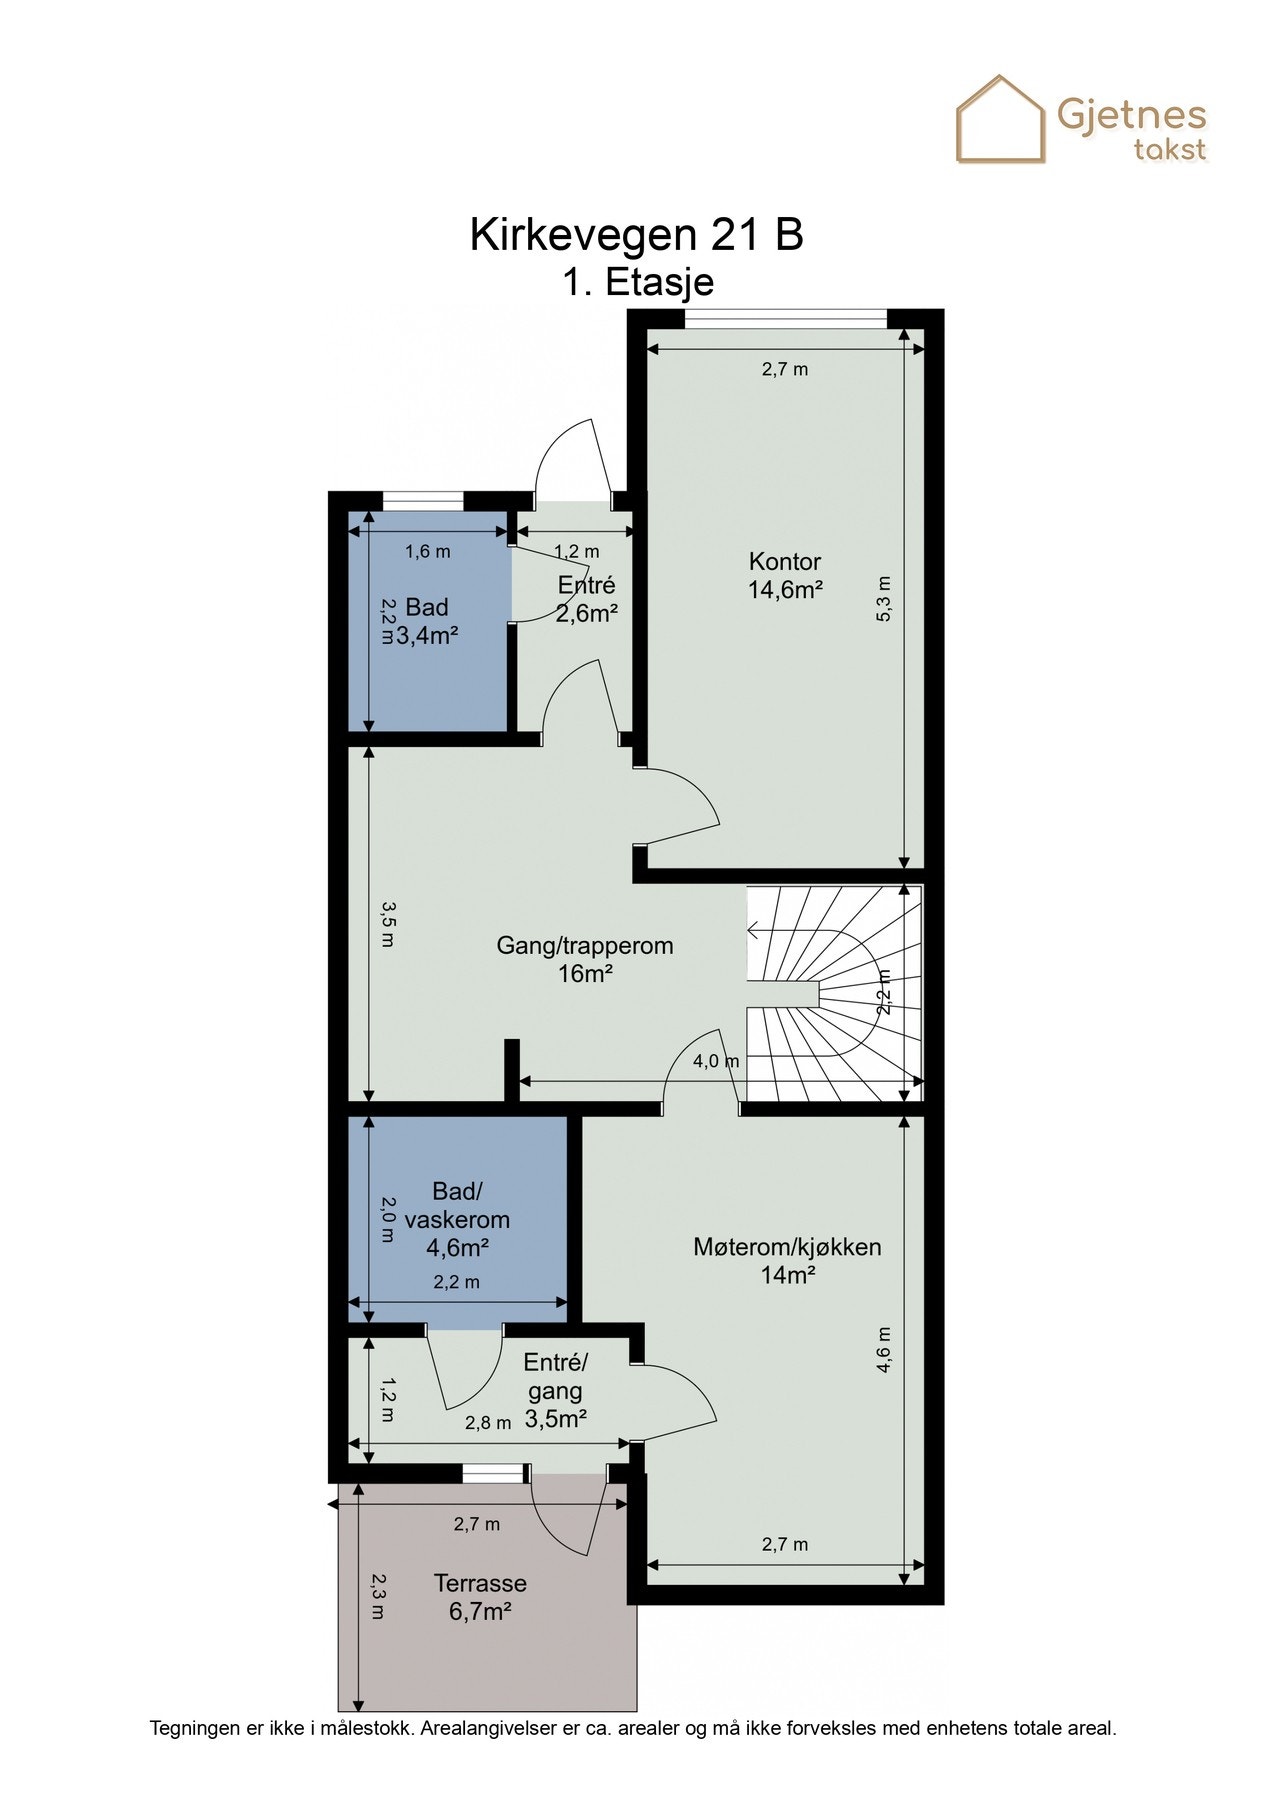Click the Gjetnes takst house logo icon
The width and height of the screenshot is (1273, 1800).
pos(1000,119)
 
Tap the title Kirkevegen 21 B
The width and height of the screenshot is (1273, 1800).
pos(637,236)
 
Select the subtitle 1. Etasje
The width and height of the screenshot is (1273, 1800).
pos(637,283)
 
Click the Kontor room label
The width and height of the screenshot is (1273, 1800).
pos(785,561)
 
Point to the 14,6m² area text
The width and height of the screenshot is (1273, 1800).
pos(785,589)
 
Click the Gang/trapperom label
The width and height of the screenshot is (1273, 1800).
pos(585,945)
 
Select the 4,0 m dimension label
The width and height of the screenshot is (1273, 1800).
pos(716,1061)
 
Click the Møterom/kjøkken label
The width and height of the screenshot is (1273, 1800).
pos(787,1247)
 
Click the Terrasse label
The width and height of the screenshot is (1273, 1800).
pos(480,1583)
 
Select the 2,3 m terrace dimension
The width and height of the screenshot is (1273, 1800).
pos(377,1596)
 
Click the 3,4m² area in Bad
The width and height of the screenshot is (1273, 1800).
pos(427,635)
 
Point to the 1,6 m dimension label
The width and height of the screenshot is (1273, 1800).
pos(427,551)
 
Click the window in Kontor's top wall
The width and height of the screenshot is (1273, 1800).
pos(786,319)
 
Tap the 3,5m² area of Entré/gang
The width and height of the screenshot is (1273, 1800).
pos(555,1418)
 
